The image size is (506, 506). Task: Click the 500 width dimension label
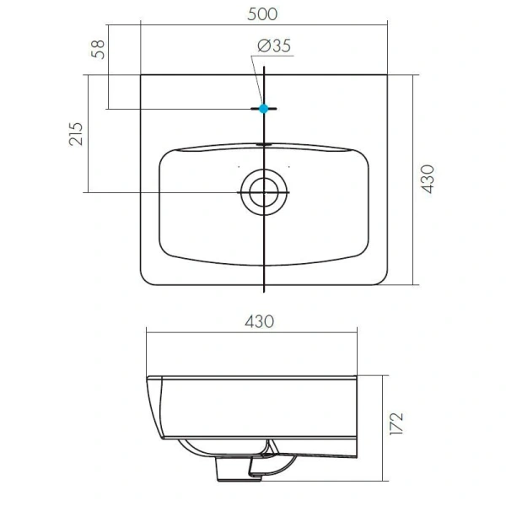[x=262, y=14]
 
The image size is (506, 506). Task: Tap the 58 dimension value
[x=98, y=50]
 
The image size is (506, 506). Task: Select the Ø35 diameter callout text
[x=274, y=46]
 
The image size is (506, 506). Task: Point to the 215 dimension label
[x=76, y=134]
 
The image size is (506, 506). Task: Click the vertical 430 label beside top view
[x=428, y=179]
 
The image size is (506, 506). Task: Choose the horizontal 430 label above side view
[x=260, y=322]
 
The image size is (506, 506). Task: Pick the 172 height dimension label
[x=396, y=423]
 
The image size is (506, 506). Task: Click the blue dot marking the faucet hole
[x=264, y=109]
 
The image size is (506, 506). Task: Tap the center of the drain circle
[x=264, y=192]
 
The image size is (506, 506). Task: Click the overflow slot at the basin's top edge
[x=264, y=145]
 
